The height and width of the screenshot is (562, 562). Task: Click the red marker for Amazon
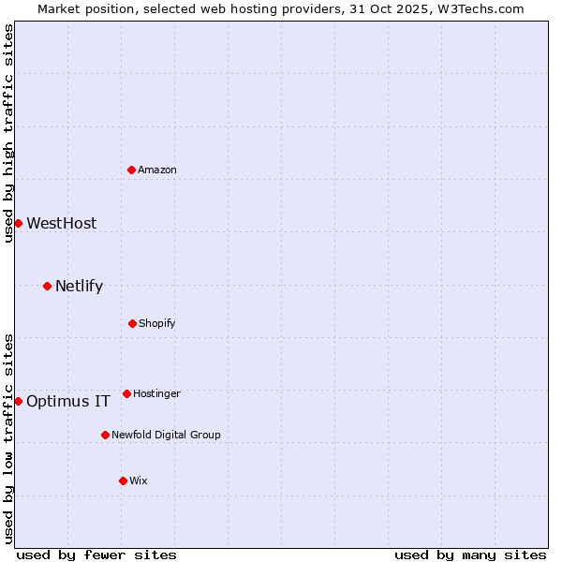(x=132, y=170)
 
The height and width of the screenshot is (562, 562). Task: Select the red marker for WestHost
(x=18, y=223)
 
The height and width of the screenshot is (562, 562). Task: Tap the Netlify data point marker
(x=47, y=286)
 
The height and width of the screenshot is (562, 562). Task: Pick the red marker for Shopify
(x=132, y=323)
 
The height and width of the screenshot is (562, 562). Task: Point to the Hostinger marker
(x=126, y=393)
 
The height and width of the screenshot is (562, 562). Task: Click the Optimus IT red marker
(x=18, y=401)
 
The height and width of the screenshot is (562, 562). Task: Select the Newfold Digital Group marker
(x=105, y=435)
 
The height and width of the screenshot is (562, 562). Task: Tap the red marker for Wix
(x=123, y=481)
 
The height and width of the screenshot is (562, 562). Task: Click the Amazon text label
(x=157, y=170)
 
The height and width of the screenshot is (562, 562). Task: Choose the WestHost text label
(x=62, y=223)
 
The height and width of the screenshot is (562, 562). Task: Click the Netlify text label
(x=80, y=286)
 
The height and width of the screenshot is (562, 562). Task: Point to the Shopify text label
(x=157, y=323)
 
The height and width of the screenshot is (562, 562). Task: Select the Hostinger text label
(x=156, y=393)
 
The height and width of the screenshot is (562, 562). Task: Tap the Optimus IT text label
(x=68, y=401)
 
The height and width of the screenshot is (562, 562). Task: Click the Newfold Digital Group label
(x=167, y=435)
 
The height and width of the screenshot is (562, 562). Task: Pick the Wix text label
(x=139, y=481)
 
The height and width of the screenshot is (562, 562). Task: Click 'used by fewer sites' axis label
(x=96, y=555)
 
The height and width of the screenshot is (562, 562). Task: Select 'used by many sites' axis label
(x=470, y=555)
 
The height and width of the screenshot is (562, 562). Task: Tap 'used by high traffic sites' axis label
(x=8, y=133)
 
